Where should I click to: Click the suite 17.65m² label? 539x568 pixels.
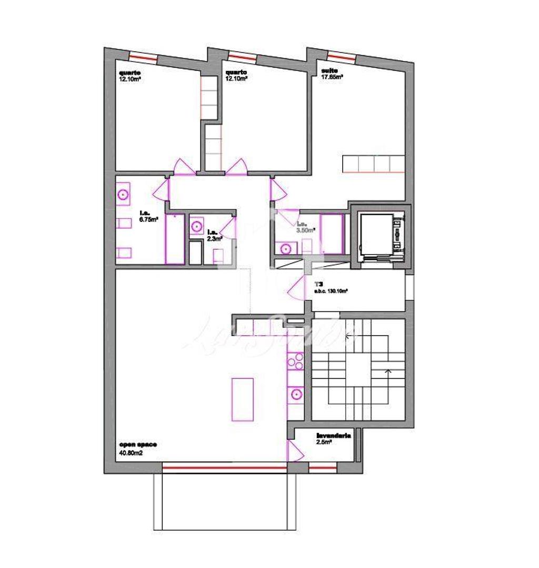click(332, 74)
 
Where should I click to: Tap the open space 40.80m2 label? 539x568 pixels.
click(137, 448)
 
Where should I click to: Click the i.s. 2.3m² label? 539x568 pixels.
click(214, 235)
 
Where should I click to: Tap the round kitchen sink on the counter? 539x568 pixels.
click(296, 393)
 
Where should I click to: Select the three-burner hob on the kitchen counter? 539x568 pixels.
click(295, 363)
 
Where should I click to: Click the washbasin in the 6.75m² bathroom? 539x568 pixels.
click(124, 194)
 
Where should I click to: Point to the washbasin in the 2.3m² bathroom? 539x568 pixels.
click(197, 226)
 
